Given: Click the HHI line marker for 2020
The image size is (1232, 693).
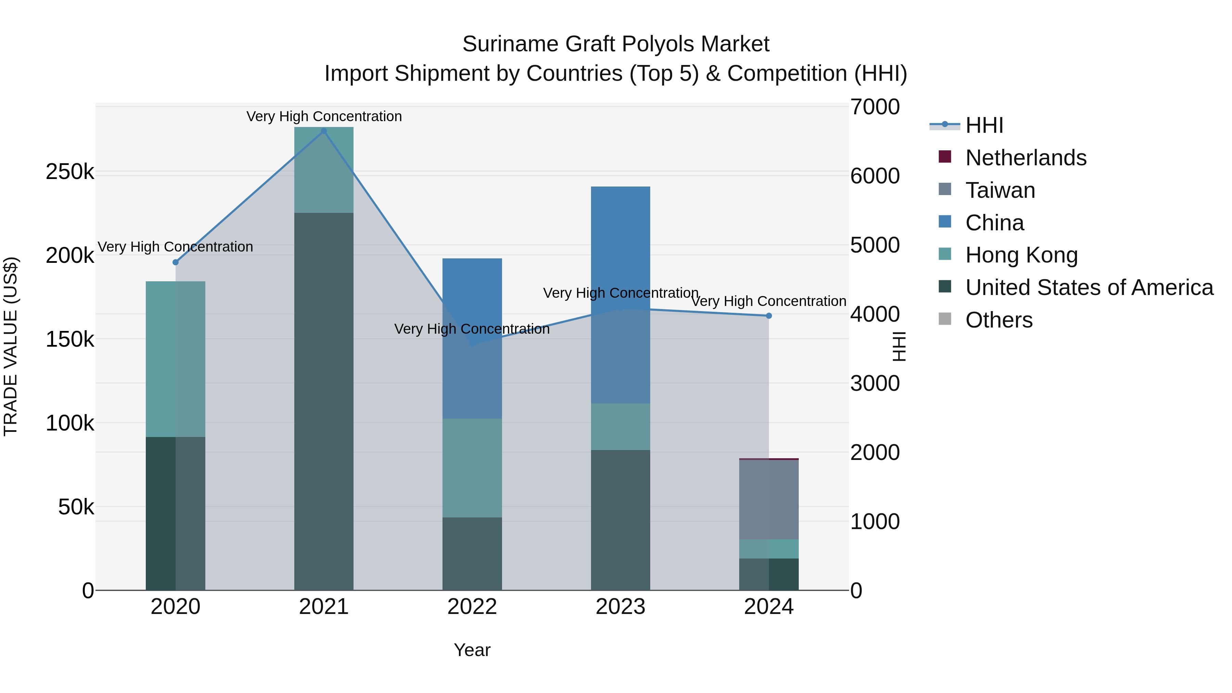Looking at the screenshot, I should pyautogui.click(x=176, y=262).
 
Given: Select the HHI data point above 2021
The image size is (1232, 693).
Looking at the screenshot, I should pyautogui.click(x=324, y=131).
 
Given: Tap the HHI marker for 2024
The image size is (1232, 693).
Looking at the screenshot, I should pyautogui.click(x=769, y=316).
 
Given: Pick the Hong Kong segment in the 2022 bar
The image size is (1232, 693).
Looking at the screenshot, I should pyautogui.click(x=472, y=468).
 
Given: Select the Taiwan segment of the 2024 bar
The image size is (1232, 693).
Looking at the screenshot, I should pyautogui.click(x=769, y=499).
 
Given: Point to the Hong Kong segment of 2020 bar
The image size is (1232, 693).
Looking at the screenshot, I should pyautogui.click(x=176, y=359).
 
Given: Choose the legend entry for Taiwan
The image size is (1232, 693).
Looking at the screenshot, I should pyautogui.click(x=1000, y=190).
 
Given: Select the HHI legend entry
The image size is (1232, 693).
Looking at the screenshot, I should pyautogui.click(x=984, y=125).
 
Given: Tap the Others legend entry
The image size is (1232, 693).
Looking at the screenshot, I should pyautogui.click(x=999, y=320).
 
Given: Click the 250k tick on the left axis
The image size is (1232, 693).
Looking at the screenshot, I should pyautogui.click(x=70, y=172).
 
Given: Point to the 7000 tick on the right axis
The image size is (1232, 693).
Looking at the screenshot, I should pyautogui.click(x=875, y=107).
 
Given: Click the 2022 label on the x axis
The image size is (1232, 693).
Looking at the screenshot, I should pyautogui.click(x=472, y=607).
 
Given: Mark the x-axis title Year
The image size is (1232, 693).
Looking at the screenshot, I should pyautogui.click(x=472, y=650).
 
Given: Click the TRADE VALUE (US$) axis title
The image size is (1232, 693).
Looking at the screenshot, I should pyautogui.click(x=11, y=346).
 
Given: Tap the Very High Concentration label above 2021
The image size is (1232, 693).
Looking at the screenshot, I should pyautogui.click(x=324, y=116).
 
